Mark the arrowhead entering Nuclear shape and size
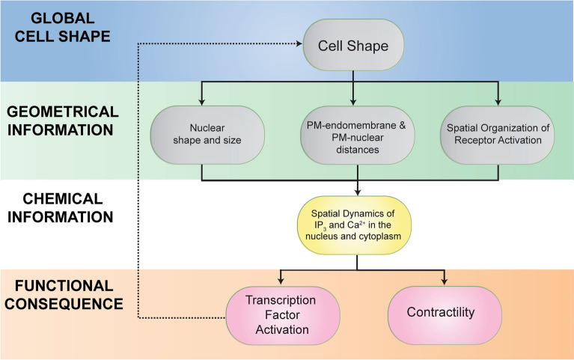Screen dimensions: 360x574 pos(203,103)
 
